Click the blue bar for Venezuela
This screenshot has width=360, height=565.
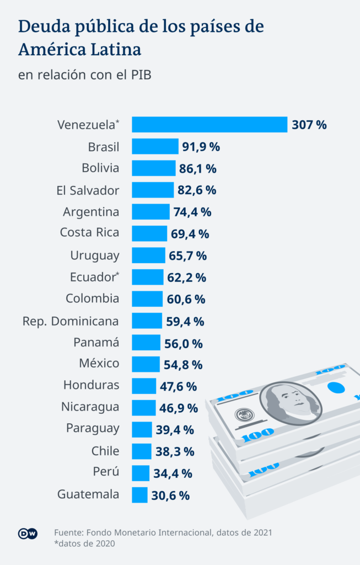(x=209, y=124)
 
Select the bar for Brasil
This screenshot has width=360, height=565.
(x=155, y=146)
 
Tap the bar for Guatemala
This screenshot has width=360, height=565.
(x=140, y=494)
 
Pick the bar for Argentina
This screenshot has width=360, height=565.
(x=151, y=211)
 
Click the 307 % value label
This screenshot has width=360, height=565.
(x=309, y=125)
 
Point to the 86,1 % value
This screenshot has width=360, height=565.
(x=197, y=168)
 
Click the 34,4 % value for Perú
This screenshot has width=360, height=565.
(x=173, y=473)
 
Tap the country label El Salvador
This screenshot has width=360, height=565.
(x=88, y=190)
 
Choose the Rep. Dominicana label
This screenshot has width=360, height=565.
(x=71, y=321)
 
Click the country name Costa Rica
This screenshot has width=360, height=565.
(x=89, y=232)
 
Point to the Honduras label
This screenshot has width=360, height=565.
(x=91, y=385)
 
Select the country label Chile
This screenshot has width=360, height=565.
(x=105, y=451)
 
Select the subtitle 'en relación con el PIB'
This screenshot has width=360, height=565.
(x=84, y=74)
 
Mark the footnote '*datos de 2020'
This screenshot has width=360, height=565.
(x=85, y=544)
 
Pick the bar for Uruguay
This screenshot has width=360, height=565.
(x=148, y=255)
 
